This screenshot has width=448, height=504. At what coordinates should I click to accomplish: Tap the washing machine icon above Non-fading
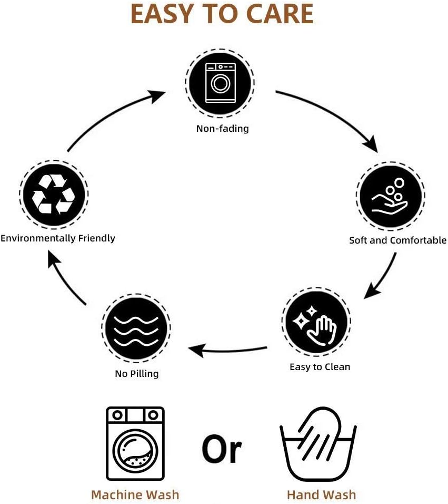click(x=220, y=83)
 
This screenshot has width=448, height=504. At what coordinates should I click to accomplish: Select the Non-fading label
click(x=222, y=128)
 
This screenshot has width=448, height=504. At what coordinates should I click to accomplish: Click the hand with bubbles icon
click(x=390, y=196)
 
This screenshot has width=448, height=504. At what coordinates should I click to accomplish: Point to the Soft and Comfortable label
click(x=397, y=240)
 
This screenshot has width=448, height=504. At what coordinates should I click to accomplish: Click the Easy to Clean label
click(x=320, y=367)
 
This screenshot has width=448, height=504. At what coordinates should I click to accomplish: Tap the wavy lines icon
click(x=136, y=328)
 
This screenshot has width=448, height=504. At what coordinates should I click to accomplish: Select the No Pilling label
click(x=136, y=374)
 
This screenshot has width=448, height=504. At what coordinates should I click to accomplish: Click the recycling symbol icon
click(x=53, y=194)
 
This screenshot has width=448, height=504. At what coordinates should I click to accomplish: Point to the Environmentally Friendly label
click(x=58, y=238)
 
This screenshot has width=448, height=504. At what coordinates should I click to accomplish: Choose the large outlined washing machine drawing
click(x=135, y=443)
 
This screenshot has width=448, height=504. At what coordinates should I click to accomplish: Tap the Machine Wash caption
click(x=135, y=495)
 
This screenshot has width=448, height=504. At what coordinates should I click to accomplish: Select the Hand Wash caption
click(x=321, y=495)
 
